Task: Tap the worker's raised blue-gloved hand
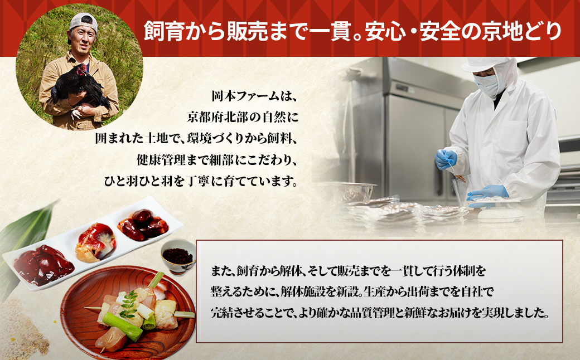coord(445,158)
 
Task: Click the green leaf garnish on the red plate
coord(130,301)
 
